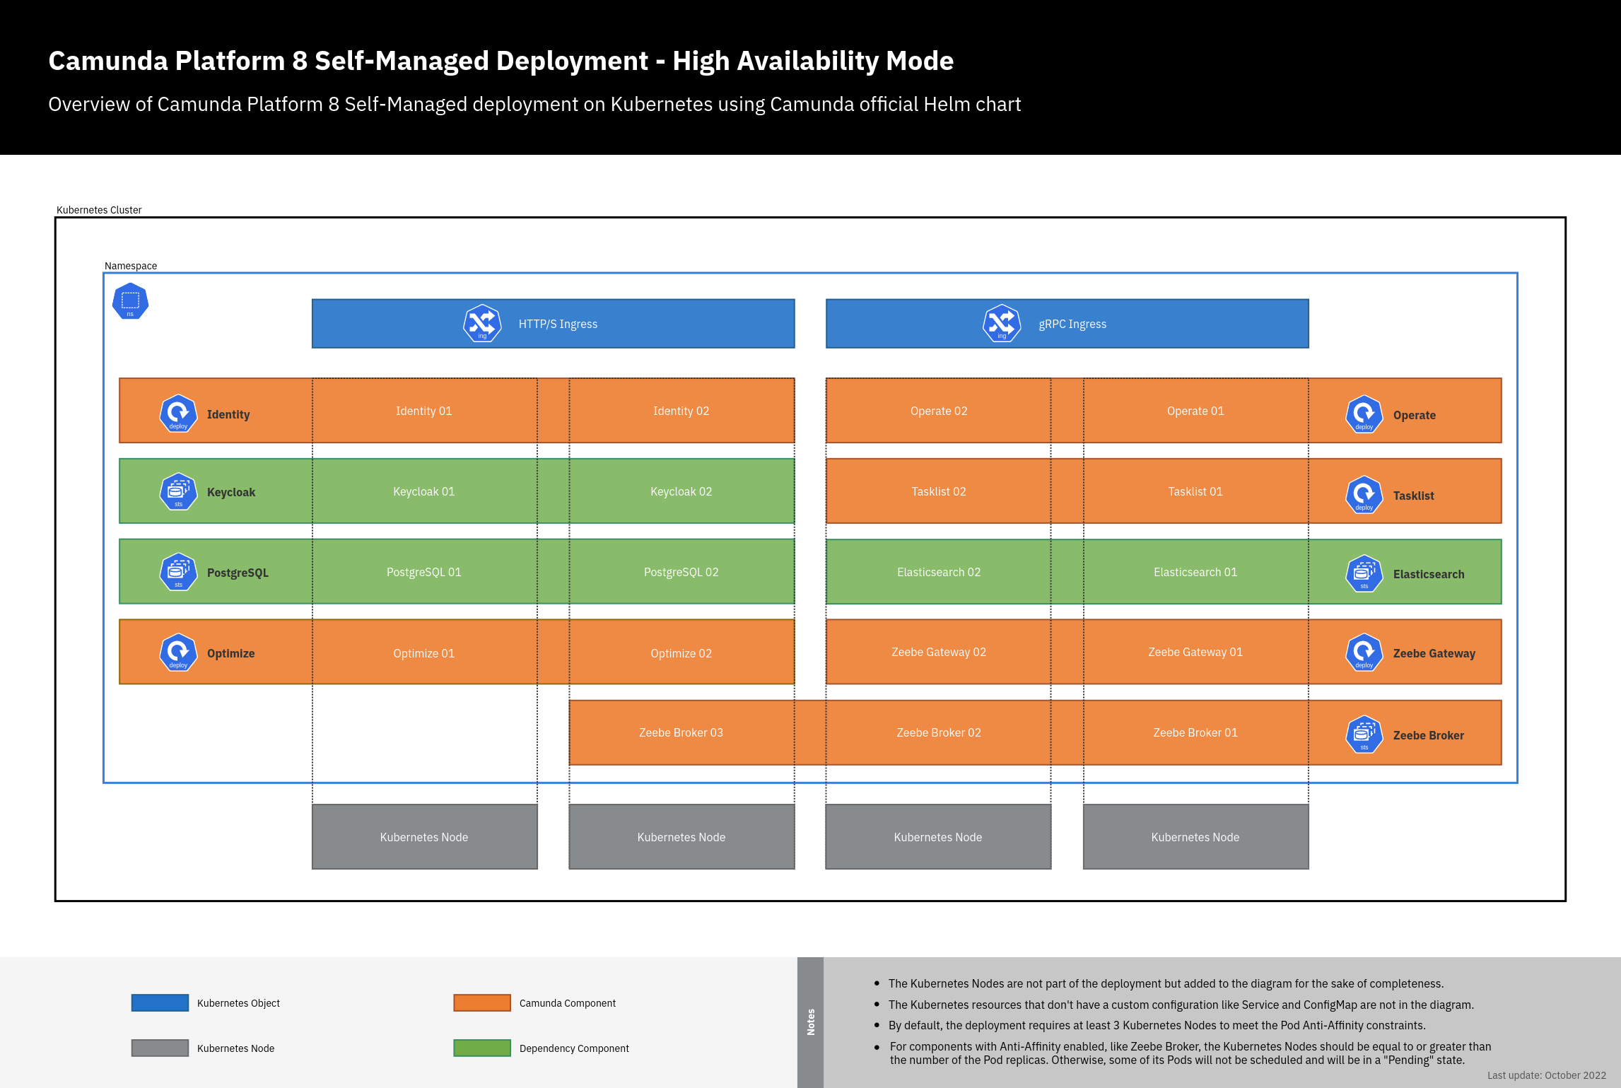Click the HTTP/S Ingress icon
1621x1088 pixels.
(x=482, y=323)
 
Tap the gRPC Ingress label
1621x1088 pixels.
(x=1072, y=324)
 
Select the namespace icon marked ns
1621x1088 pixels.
(x=130, y=301)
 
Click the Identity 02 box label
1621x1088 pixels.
(x=681, y=411)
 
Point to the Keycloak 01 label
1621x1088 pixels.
(x=423, y=491)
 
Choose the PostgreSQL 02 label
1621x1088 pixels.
(x=681, y=572)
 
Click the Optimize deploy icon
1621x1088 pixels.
(x=178, y=652)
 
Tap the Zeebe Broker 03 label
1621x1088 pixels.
(x=681, y=732)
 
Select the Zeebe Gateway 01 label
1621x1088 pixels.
(x=1195, y=652)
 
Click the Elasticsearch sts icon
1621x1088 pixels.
(x=1364, y=573)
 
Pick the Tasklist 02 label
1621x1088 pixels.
(x=938, y=491)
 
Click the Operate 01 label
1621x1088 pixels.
(x=1195, y=411)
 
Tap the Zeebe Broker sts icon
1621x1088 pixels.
(x=1364, y=735)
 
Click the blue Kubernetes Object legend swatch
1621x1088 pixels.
(x=160, y=1002)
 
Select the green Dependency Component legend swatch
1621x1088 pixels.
(x=482, y=1048)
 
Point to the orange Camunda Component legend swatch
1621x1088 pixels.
(x=482, y=1002)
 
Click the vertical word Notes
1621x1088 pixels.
(x=811, y=1022)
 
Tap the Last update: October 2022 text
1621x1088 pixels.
(x=1546, y=1075)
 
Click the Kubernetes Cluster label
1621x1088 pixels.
(x=99, y=210)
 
